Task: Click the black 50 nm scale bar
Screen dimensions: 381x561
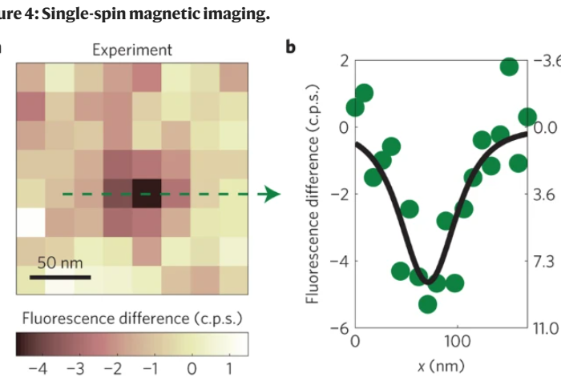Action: (x=60, y=277)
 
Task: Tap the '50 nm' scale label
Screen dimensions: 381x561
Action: (x=60, y=262)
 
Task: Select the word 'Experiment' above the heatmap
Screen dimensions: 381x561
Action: (x=132, y=50)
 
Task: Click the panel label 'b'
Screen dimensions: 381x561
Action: (x=291, y=47)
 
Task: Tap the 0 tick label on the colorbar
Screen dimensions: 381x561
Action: (x=192, y=369)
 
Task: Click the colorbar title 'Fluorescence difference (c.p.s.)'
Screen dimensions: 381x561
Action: (x=131, y=319)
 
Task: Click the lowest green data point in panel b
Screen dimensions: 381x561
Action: (x=427, y=303)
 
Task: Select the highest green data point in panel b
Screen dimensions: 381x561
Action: (x=509, y=66)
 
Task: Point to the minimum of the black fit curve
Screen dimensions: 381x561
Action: (x=434, y=279)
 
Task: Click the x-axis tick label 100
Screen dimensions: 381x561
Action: (x=457, y=340)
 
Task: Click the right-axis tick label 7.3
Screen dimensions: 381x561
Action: (x=544, y=261)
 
